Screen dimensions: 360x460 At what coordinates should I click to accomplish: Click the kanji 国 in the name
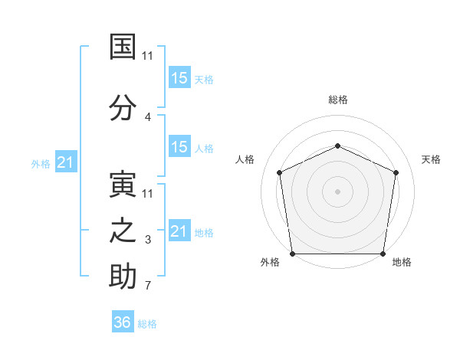click(x=123, y=47)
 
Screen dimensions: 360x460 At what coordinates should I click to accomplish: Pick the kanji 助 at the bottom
click(x=123, y=276)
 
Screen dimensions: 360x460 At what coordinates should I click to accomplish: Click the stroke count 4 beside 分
click(x=147, y=117)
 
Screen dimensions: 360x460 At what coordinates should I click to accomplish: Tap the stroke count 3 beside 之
click(x=147, y=241)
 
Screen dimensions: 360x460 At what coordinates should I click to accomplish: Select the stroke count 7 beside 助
click(x=147, y=286)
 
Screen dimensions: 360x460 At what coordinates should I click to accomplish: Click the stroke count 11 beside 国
click(x=147, y=56)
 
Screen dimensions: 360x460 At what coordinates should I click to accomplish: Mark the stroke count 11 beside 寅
click(x=147, y=193)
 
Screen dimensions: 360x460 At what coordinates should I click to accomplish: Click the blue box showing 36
click(x=123, y=322)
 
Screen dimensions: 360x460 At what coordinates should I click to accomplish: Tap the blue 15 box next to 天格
click(x=179, y=77)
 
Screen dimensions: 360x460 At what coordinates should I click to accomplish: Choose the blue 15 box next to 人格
click(x=179, y=147)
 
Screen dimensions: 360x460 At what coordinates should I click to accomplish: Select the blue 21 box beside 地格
click(x=179, y=231)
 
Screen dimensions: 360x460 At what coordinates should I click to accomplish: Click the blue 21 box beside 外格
click(x=65, y=162)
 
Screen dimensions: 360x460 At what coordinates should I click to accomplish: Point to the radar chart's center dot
click(x=337, y=191)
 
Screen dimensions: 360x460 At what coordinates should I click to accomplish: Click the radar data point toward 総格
click(x=337, y=146)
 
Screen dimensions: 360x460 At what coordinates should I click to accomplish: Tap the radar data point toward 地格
click(x=383, y=254)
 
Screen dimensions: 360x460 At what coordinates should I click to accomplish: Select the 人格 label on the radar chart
click(x=245, y=159)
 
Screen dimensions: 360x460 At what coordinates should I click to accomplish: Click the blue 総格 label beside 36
click(x=147, y=324)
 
